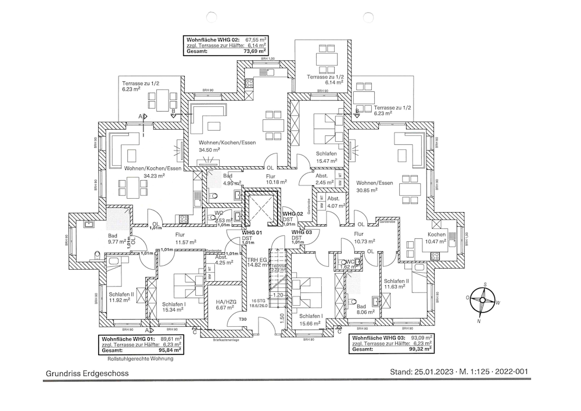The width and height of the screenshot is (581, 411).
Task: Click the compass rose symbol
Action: coord(481,301)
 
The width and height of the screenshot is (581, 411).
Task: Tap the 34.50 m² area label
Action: coord(209,150)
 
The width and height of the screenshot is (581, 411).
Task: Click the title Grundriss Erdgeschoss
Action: coord(88,374)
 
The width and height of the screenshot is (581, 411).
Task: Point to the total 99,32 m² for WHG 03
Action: coord(419,349)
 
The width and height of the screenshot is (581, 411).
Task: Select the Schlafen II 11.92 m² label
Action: coord(121,297)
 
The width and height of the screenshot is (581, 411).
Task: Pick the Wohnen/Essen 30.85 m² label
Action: coord(375,186)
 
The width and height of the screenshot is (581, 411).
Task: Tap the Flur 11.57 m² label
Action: coord(185,238)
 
